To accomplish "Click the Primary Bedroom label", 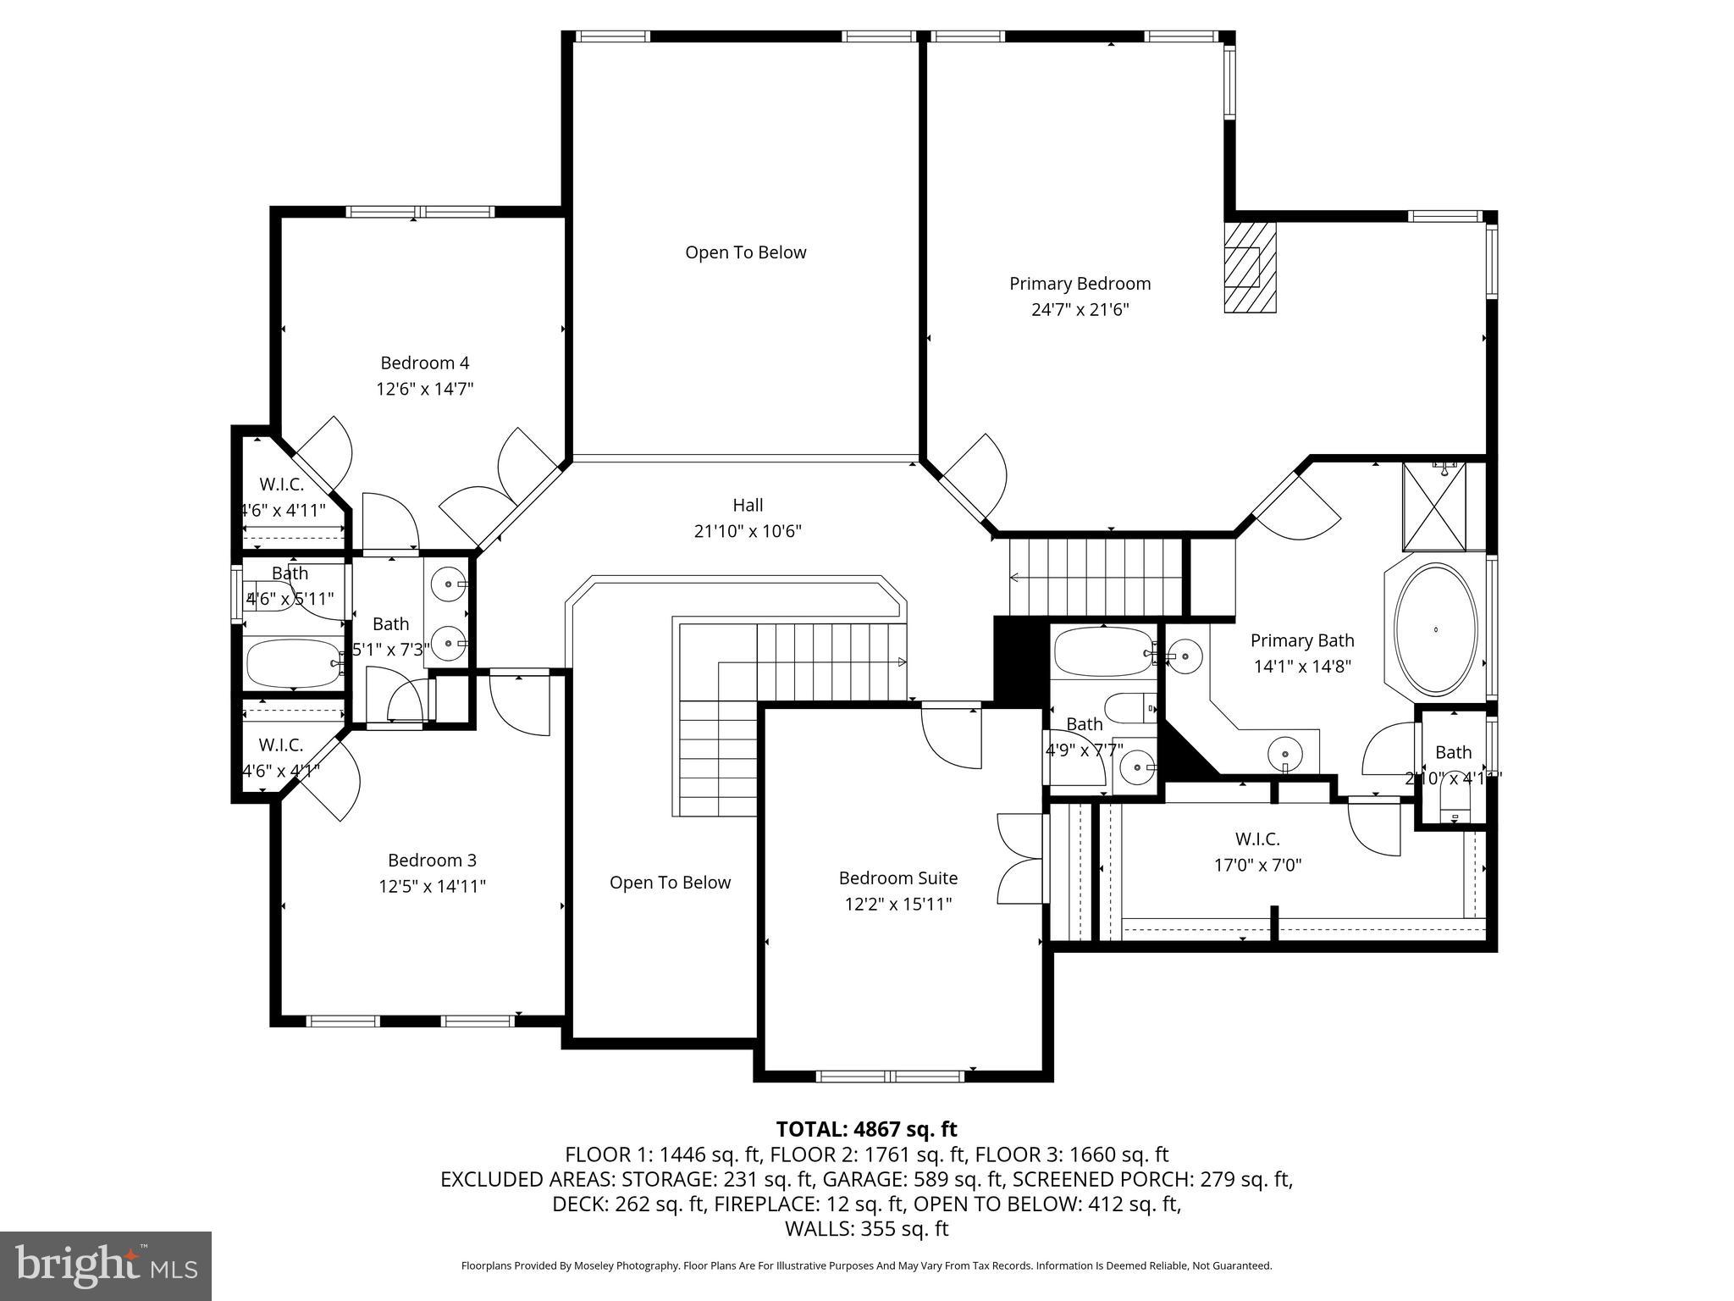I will click(1080, 284).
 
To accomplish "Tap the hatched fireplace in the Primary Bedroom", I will click(1249, 268).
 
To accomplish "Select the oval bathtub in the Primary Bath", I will click(1435, 629).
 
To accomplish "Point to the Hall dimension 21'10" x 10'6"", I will click(748, 532).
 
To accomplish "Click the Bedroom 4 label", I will click(424, 363).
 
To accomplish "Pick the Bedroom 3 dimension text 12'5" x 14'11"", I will click(432, 887).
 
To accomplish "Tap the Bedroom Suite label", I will click(897, 878).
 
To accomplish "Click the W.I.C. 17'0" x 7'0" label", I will click(1256, 839).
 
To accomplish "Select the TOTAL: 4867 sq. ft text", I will click(866, 1129).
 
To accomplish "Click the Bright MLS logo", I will click(106, 1265).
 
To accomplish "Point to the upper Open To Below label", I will click(745, 252).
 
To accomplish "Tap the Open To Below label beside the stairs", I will click(670, 883).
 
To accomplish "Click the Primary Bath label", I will click(1301, 641).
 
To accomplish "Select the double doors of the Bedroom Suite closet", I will click(1020, 858).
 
